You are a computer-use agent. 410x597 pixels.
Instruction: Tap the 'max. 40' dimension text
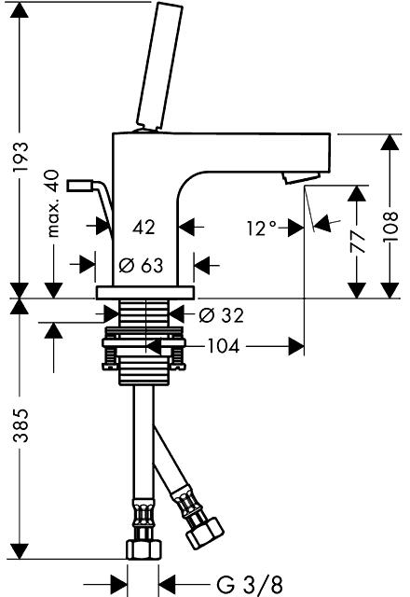pyautogui.click(x=53, y=203)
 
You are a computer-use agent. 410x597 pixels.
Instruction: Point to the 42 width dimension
pyautogui.click(x=144, y=228)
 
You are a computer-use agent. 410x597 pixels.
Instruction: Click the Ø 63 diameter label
pyautogui.click(x=141, y=265)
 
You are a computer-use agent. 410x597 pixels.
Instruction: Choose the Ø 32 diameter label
pyautogui.click(x=222, y=315)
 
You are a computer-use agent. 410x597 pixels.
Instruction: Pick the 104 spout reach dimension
pyautogui.click(x=224, y=346)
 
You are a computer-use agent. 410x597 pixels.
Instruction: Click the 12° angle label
pyautogui.click(x=261, y=228)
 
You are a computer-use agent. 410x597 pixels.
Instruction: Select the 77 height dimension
pyautogui.click(x=357, y=242)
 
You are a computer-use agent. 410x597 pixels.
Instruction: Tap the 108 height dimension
pyautogui.click(x=390, y=227)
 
